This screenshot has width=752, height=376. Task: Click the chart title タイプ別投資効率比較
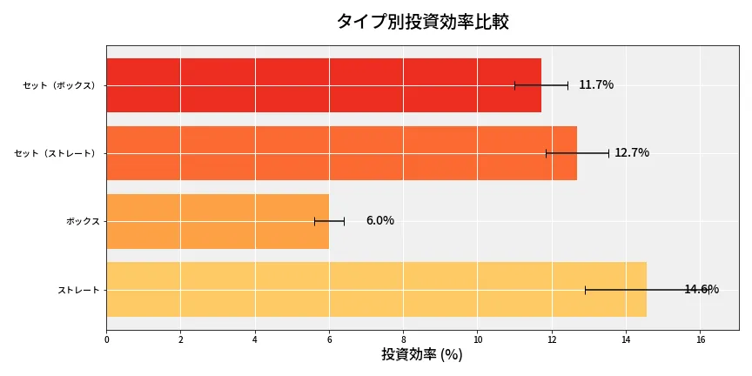(422, 22)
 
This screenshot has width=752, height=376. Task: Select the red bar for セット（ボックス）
(323, 85)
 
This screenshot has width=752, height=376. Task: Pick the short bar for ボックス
(218, 221)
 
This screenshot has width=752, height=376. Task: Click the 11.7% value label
(596, 85)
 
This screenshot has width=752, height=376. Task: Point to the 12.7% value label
(632, 153)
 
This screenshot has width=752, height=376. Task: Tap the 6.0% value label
(379, 221)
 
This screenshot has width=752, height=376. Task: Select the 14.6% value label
(702, 289)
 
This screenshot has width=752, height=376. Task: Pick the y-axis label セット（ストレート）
(57, 153)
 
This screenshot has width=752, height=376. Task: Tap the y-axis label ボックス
(83, 221)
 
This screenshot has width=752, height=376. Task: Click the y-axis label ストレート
(78, 289)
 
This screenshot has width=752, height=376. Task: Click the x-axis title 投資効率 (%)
(422, 355)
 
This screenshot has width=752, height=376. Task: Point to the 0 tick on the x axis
(106, 339)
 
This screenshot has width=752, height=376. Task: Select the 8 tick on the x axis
(403, 339)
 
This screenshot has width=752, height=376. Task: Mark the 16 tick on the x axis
(700, 339)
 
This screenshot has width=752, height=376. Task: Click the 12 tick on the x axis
(552, 339)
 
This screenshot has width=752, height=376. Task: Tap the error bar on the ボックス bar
(329, 221)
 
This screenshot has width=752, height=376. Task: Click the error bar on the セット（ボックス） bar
(540, 85)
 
